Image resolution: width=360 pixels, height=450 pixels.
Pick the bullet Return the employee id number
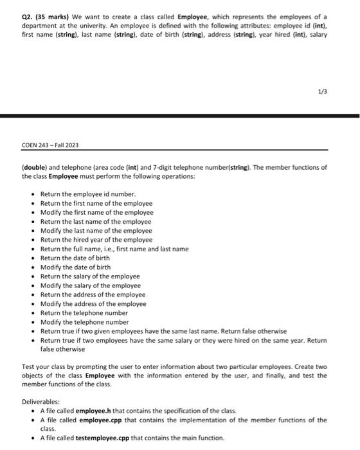pos(88,194)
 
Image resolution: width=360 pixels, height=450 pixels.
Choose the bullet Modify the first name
pos(96,212)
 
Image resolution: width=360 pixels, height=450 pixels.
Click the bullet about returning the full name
pos(114,249)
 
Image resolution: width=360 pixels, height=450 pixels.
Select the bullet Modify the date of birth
pos(75,267)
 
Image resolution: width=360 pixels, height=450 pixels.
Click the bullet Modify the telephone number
pos(84,321)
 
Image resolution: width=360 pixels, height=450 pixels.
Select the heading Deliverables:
pos(42,402)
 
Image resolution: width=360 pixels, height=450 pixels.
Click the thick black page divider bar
pos(180,115)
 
